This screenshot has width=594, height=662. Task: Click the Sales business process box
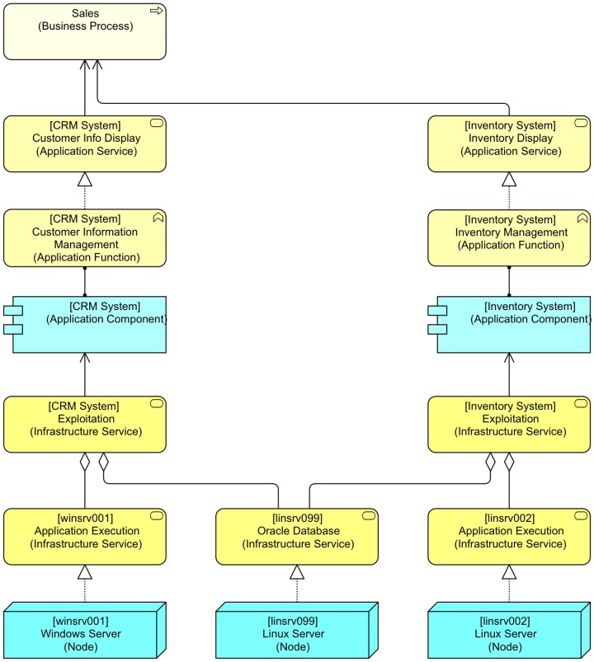click(x=84, y=31)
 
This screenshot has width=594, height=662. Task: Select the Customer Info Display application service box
click(x=84, y=143)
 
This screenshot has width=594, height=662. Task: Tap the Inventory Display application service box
click(x=509, y=143)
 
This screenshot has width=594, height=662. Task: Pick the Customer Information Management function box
click(x=84, y=237)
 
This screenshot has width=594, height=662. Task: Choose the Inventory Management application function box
click(x=509, y=237)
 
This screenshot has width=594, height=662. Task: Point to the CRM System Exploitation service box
click(x=84, y=424)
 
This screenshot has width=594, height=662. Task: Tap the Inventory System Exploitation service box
click(x=509, y=424)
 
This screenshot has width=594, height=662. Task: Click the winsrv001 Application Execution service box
click(x=84, y=536)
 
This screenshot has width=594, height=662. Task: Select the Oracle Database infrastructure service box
click(x=297, y=536)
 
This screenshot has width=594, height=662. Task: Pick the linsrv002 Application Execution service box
click(x=509, y=536)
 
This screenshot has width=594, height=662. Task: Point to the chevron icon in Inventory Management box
click(x=582, y=218)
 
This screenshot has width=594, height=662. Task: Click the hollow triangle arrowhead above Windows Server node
click(x=84, y=572)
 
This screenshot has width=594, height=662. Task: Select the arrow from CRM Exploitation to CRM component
click(x=84, y=375)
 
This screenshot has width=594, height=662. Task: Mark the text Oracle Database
click(x=297, y=531)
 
